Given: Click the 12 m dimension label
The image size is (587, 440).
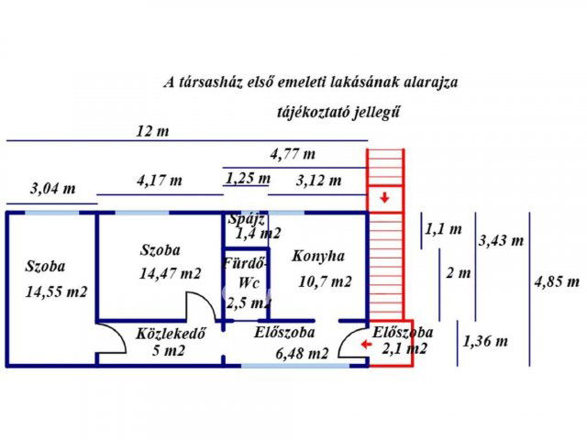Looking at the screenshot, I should (x=152, y=130).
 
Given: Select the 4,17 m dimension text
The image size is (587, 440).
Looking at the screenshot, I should (x=160, y=181).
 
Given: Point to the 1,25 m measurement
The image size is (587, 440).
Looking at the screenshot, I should (x=248, y=178).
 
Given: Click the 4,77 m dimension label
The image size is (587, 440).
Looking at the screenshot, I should (x=293, y=153).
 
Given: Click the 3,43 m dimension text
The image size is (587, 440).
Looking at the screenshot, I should (x=501, y=241).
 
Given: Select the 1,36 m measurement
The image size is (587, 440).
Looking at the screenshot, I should (x=485, y=341).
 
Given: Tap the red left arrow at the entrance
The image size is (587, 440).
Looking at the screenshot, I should (x=365, y=345).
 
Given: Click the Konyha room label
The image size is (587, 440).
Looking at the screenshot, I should (x=318, y=257).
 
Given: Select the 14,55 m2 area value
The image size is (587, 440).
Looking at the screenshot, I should (x=57, y=292).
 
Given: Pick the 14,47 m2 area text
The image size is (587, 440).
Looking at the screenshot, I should (x=170, y=273).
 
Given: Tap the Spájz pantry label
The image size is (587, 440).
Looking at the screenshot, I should (x=247, y=219).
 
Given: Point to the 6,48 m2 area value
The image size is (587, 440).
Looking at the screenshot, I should (x=304, y=353).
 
